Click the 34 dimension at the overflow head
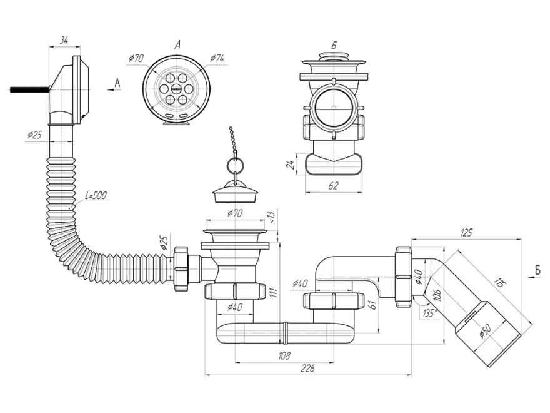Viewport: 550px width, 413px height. pos(64,41)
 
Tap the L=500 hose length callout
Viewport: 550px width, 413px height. pos(96,195)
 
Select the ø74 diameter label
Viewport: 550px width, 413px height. pos(217,58)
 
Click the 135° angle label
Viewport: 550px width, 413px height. pos(429,312)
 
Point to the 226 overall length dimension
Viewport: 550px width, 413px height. pos(307,368)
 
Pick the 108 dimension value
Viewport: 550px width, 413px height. pos(284,356)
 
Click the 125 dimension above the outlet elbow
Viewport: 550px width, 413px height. pos(466,233)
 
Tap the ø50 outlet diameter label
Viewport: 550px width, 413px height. pos(486,330)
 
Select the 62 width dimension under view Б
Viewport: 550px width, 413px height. pos(333,185)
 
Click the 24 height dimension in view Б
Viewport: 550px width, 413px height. pos(291,164)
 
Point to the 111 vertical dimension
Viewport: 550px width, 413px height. pos(274,293)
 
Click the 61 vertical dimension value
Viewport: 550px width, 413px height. pos(373,305)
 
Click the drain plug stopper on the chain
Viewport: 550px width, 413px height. pos(235,193)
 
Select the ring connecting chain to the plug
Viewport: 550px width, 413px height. pos(234,165)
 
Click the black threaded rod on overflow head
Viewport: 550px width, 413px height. pos(29,90)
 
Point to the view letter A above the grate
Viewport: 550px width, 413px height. pos(178,44)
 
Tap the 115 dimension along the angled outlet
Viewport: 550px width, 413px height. pos(499,283)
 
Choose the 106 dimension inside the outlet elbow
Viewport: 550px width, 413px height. pos(437,294)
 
